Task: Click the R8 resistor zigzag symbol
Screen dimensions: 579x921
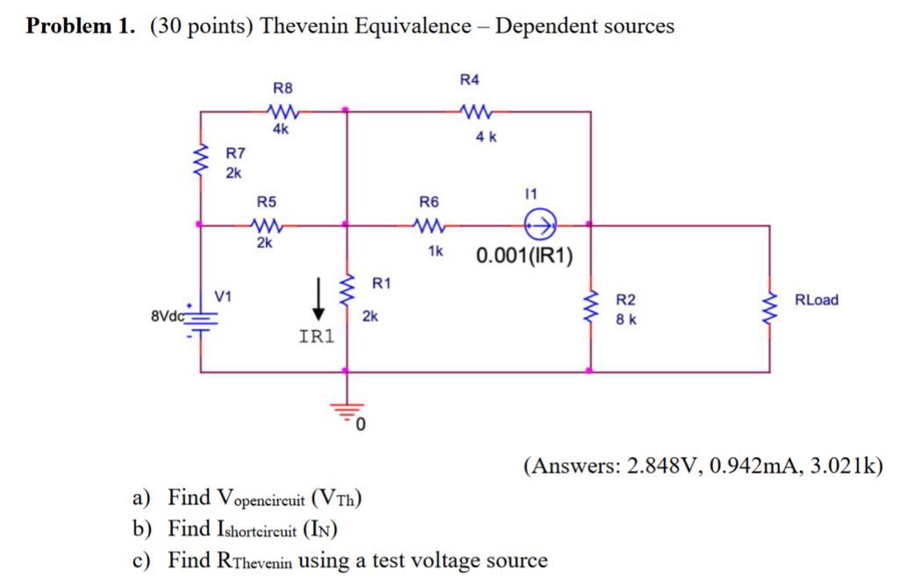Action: click(x=283, y=111)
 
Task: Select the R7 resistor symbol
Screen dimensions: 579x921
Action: click(x=202, y=161)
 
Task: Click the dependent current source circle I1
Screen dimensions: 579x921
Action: click(x=536, y=225)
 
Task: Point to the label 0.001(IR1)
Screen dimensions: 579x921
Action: click(x=525, y=256)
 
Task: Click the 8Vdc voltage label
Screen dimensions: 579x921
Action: click(x=168, y=313)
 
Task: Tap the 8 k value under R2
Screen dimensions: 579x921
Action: click(x=625, y=319)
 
